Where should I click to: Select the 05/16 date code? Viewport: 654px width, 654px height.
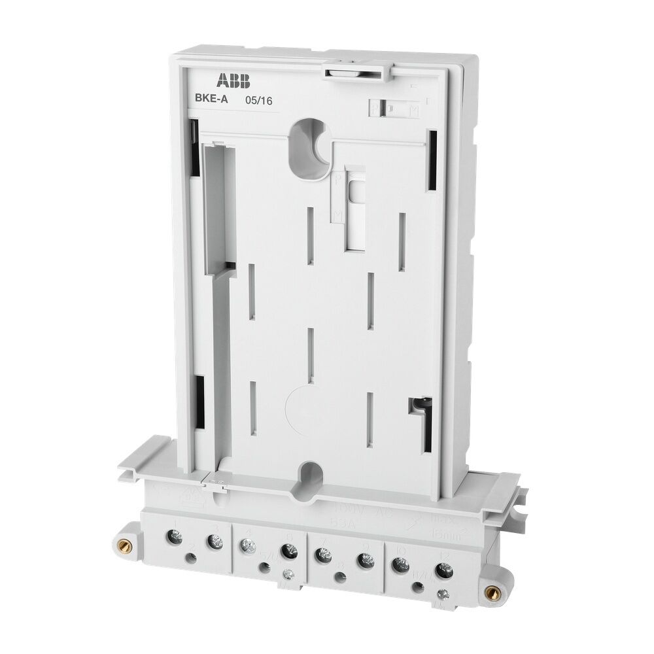(258, 101)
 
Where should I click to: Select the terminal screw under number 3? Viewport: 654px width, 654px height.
(214, 542)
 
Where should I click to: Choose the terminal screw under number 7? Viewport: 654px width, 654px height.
(320, 556)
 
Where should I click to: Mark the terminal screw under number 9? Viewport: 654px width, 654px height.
(366, 560)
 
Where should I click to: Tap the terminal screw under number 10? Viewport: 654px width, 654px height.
(397, 563)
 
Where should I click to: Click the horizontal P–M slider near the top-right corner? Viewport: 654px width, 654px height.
(392, 109)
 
